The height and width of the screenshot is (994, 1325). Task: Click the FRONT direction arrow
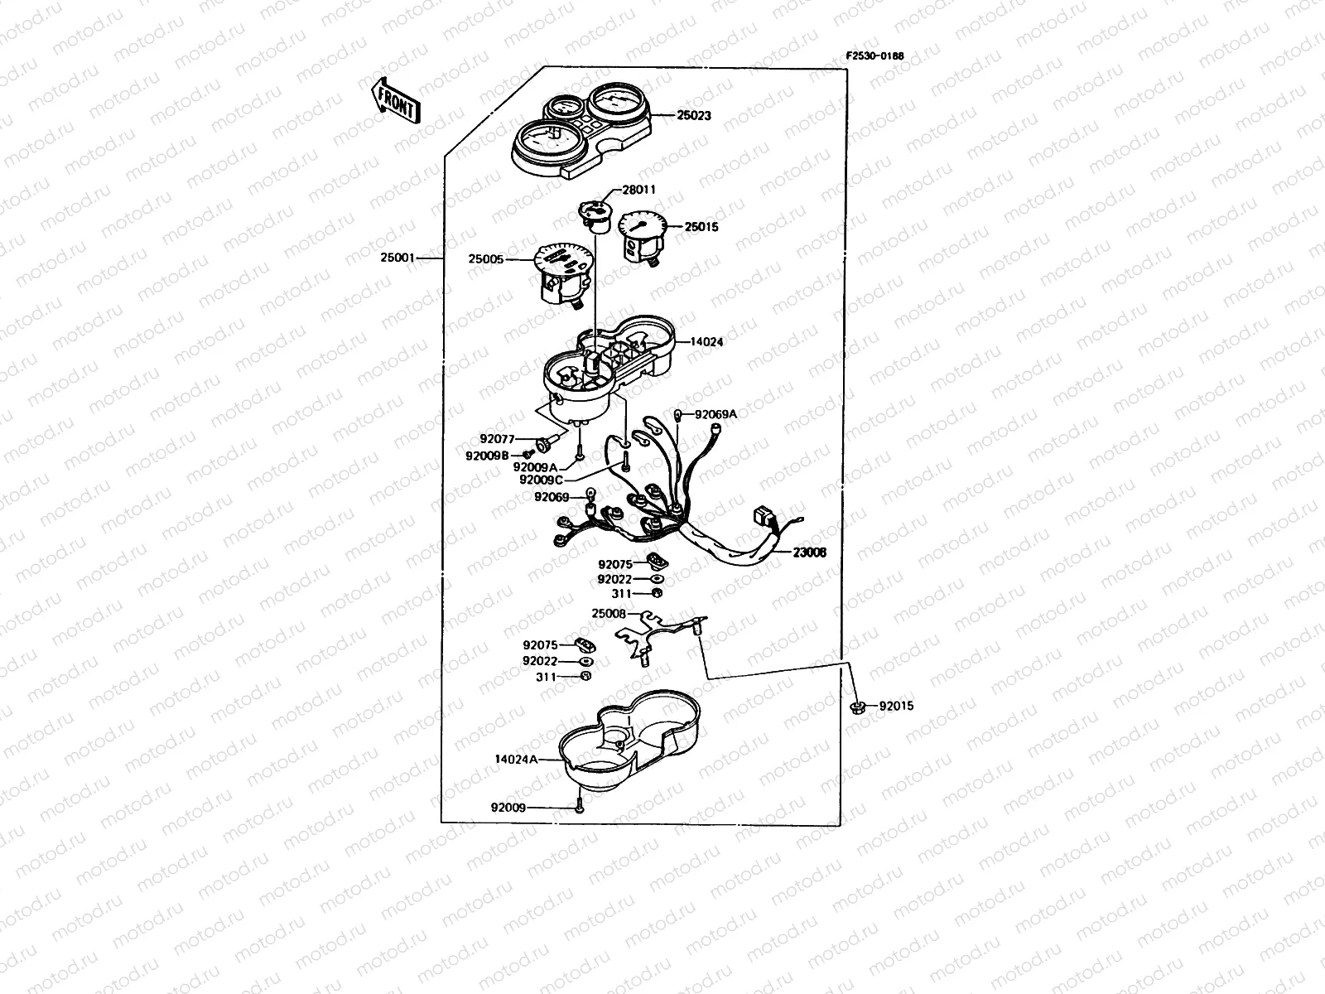395,101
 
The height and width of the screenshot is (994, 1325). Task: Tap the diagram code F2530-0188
874,56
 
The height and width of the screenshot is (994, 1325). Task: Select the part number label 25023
694,115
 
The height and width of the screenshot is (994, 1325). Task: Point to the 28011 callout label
638,190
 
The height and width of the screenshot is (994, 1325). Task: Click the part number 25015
701,227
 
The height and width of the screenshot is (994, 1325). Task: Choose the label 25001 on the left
397,258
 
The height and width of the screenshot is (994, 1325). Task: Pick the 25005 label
486,259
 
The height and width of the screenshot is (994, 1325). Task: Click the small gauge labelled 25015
643,236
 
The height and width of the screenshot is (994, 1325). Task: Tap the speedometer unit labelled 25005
562,275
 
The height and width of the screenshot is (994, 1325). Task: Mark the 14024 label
706,341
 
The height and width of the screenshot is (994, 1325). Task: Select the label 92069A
716,415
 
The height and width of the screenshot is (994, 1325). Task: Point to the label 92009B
487,456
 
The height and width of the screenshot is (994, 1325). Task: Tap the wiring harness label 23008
809,552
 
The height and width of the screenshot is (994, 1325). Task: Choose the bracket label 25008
609,614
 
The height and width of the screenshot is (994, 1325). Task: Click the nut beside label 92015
857,707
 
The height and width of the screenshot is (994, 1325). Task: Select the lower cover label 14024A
516,760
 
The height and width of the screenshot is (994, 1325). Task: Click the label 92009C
541,480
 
